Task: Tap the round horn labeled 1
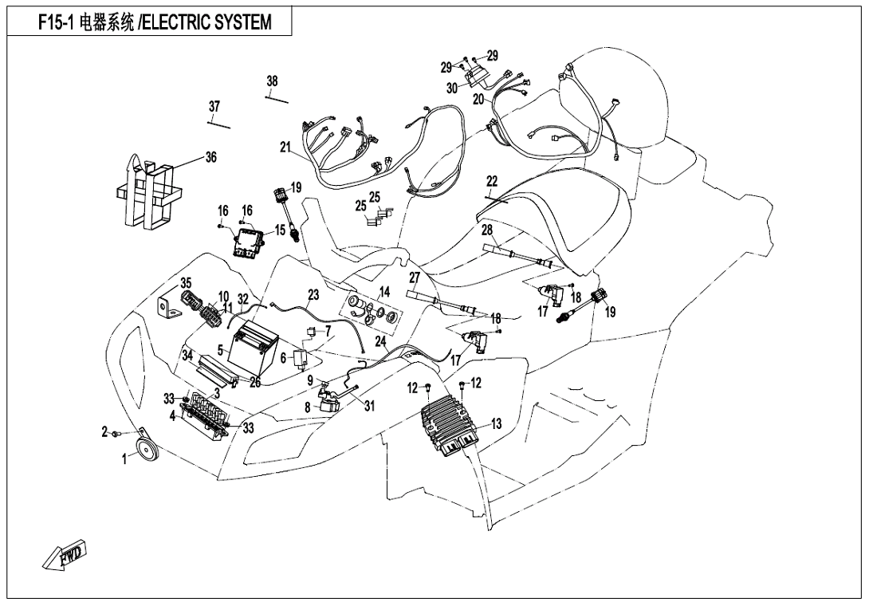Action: (x=147, y=451)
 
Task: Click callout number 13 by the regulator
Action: (x=496, y=424)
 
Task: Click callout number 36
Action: (x=210, y=158)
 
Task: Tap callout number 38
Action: (x=273, y=81)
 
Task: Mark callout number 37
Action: (x=214, y=107)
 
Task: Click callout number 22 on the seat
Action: (x=492, y=181)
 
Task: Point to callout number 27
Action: (x=415, y=277)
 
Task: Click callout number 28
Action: (x=487, y=230)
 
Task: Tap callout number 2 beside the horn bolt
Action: (x=104, y=431)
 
